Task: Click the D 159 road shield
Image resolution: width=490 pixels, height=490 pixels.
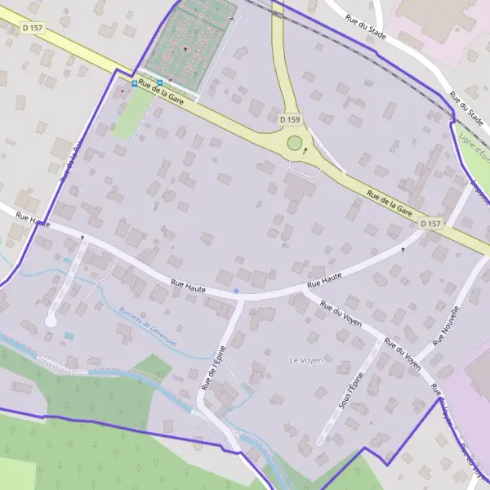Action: (290, 119)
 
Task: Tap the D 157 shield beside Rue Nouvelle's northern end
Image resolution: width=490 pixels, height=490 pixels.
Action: (431, 223)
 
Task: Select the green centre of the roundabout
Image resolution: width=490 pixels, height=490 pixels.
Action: (294, 145)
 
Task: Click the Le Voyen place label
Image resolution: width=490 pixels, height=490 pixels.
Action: (306, 359)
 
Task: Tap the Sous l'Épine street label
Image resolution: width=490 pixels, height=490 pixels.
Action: (350, 390)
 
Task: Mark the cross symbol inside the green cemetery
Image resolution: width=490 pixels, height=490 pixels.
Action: (185, 49)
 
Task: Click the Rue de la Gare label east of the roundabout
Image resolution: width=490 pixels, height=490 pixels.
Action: (390, 202)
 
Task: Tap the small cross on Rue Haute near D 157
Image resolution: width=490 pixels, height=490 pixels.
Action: (403, 249)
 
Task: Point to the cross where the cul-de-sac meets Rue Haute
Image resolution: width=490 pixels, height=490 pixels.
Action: (82, 238)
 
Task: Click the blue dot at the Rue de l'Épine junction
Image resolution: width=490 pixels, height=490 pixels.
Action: (236, 290)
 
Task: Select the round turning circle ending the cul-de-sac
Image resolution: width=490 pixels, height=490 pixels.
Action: (51, 322)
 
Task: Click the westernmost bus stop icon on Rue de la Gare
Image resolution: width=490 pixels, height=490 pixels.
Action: (135, 83)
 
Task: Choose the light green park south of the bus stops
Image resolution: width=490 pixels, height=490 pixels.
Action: (127, 120)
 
